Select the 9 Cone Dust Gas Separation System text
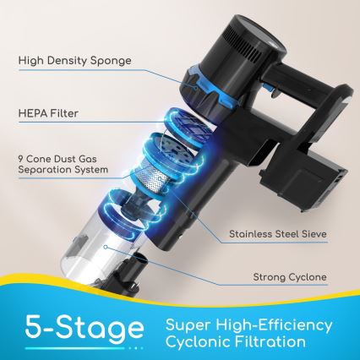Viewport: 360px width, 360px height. pyautogui.click(x=63, y=164)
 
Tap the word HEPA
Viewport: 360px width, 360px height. pyautogui.click(x=30, y=113)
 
